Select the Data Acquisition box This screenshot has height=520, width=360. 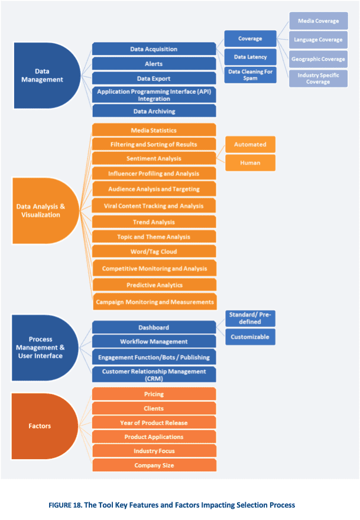(154, 49)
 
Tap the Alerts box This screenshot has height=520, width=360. (154, 64)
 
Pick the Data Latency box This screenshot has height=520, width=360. (250, 57)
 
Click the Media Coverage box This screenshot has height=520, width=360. (318, 21)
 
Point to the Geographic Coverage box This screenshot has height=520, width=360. (318, 59)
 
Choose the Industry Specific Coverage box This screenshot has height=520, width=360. (318, 78)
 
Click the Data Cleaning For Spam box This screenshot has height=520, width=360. (250, 74)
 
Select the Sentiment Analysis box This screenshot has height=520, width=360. (154, 158)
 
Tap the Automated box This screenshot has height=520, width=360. (250, 144)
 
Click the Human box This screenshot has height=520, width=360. (250, 162)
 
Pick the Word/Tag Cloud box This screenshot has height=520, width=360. (154, 252)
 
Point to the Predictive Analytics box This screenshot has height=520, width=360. (154, 285)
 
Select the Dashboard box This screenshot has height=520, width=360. (154, 327)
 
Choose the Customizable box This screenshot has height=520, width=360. (250, 337)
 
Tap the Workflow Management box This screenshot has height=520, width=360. (154, 342)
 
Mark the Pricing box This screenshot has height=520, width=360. (154, 394)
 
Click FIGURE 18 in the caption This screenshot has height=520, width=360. (83, 505)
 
